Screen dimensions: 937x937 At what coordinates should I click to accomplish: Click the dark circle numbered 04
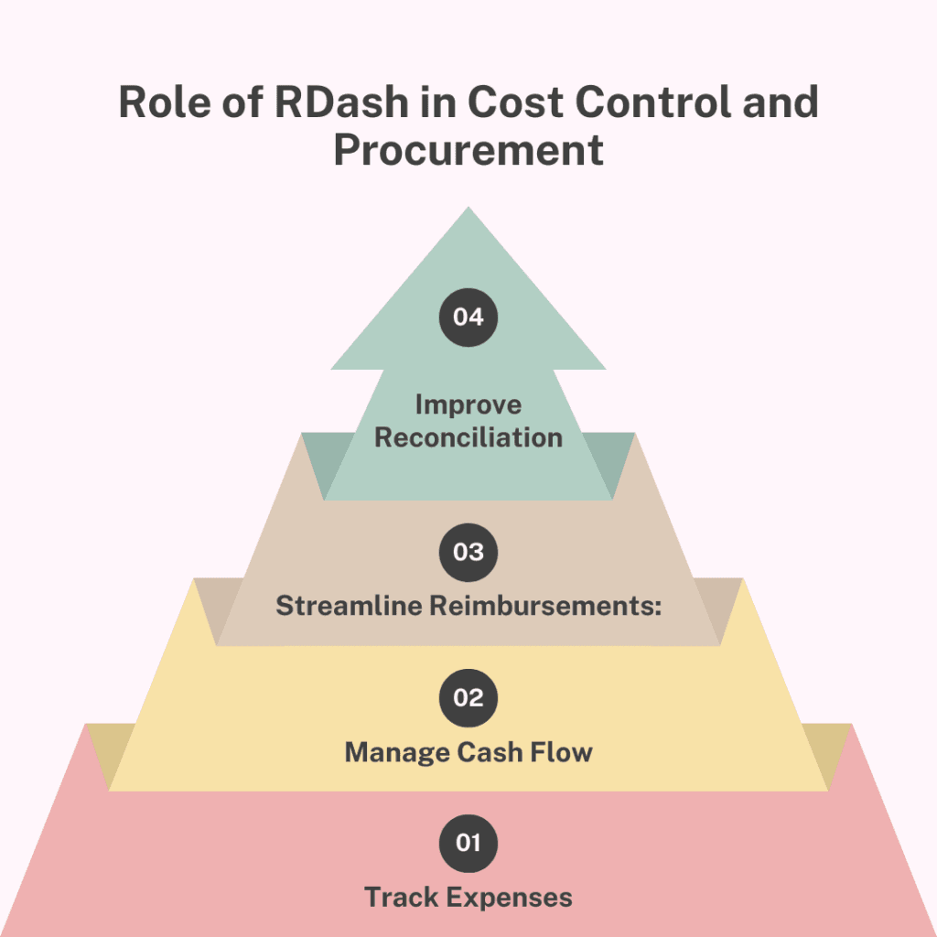click(x=468, y=318)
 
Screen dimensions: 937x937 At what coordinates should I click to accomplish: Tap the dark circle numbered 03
click(x=468, y=552)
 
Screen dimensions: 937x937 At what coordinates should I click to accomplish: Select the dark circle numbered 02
click(x=468, y=697)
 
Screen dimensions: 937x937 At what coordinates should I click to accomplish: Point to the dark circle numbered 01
click(x=468, y=842)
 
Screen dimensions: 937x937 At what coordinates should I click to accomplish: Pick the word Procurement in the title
click(x=468, y=149)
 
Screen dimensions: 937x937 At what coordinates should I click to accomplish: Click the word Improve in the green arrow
click(x=468, y=404)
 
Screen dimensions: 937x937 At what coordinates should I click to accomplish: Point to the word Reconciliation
click(x=468, y=436)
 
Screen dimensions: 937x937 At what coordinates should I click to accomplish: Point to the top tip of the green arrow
click(x=468, y=210)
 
